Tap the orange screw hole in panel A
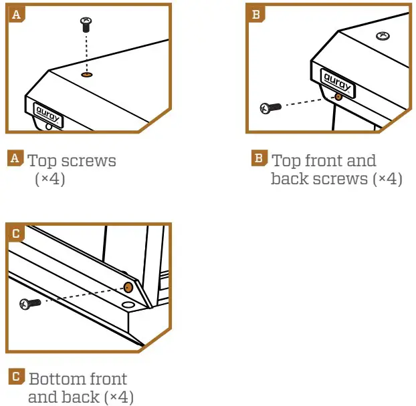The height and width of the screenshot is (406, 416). pyautogui.click(x=86, y=75)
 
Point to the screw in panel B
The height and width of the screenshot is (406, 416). pyautogui.click(x=270, y=108)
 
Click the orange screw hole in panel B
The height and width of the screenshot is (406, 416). pyautogui.click(x=338, y=96)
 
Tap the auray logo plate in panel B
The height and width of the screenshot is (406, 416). pyautogui.click(x=338, y=80)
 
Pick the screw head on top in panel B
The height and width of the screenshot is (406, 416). pyautogui.click(x=384, y=35)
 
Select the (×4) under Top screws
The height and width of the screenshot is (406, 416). pyautogui.click(x=49, y=179)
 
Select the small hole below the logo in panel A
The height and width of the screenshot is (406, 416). pyautogui.click(x=48, y=126)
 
